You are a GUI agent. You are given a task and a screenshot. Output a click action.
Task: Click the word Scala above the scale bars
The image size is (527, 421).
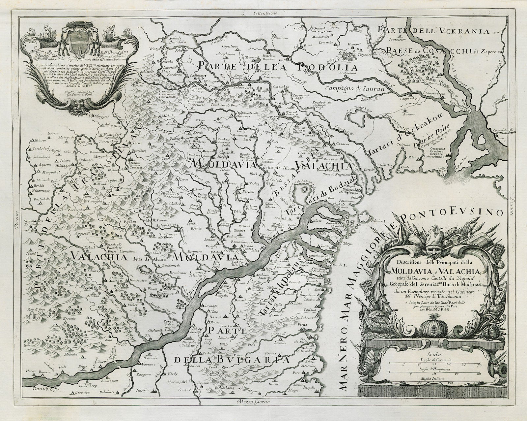point(433,354)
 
